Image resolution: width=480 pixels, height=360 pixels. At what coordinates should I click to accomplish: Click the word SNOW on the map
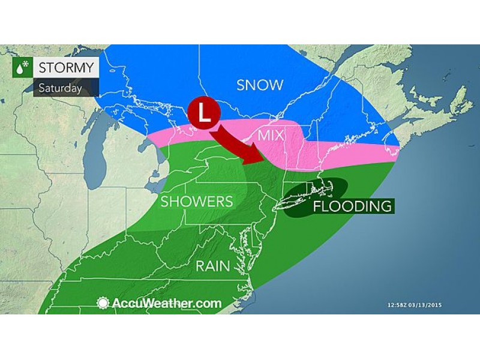pos(260,85)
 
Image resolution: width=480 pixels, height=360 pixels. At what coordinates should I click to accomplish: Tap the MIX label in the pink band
pos(271,135)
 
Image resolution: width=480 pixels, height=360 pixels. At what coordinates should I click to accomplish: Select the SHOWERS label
pos(196,201)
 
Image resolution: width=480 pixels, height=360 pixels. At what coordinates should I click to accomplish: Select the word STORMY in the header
pos(67,67)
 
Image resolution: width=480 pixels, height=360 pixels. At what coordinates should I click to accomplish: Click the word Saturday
pos(60,87)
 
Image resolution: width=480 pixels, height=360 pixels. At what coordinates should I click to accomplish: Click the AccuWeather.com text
pos(166,303)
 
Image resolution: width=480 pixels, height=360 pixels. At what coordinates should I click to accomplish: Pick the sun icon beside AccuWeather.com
pos(103,303)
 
